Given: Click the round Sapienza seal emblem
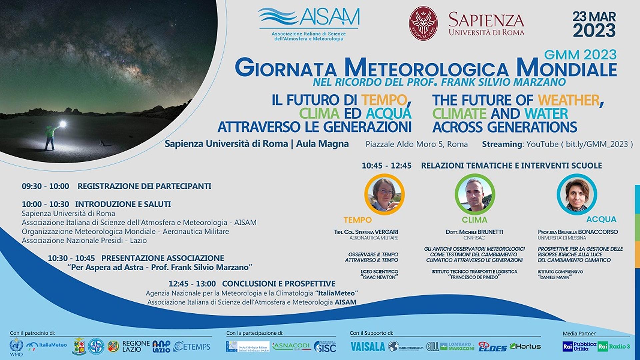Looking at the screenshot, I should click(423, 23).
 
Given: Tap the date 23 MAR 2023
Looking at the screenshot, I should click(594, 24).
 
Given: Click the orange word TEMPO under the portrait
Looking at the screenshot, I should click(357, 220).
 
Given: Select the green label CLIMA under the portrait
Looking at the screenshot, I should click(474, 220).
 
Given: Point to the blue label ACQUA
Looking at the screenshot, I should click(601, 219).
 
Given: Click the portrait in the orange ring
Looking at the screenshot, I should click(384, 194).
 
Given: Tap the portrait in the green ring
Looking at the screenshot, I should click(475, 194).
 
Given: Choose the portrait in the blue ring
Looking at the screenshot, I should click(577, 194).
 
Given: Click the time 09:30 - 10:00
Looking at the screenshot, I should click(45, 186).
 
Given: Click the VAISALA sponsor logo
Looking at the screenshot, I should click(367, 347).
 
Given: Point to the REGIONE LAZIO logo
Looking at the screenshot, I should click(136, 346).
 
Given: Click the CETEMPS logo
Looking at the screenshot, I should click(192, 347).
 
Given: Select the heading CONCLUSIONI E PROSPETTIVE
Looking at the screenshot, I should click(278, 284).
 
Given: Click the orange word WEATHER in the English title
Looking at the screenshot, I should click(568, 100).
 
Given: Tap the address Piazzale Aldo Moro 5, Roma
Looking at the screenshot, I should click(416, 144).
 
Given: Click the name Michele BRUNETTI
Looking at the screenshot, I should click(474, 232).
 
